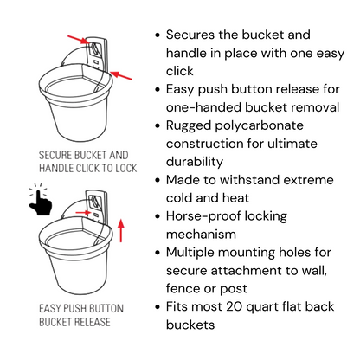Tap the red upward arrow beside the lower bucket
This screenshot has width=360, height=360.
point(121,231)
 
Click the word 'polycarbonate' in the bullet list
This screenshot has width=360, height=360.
point(259,126)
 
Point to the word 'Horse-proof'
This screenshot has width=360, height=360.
point(227,216)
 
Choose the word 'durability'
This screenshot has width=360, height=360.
point(195,162)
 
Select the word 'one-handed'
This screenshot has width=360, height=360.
point(203,107)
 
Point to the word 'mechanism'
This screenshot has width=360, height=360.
point(201,235)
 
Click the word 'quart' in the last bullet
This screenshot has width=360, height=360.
point(262,307)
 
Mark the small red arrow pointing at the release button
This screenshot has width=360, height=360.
point(83,213)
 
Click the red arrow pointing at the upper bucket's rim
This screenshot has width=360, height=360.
point(121,75)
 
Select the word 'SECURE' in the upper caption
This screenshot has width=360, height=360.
point(55,155)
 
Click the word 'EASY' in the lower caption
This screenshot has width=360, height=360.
point(49,308)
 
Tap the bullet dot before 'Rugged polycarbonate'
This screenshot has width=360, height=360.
point(157,126)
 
